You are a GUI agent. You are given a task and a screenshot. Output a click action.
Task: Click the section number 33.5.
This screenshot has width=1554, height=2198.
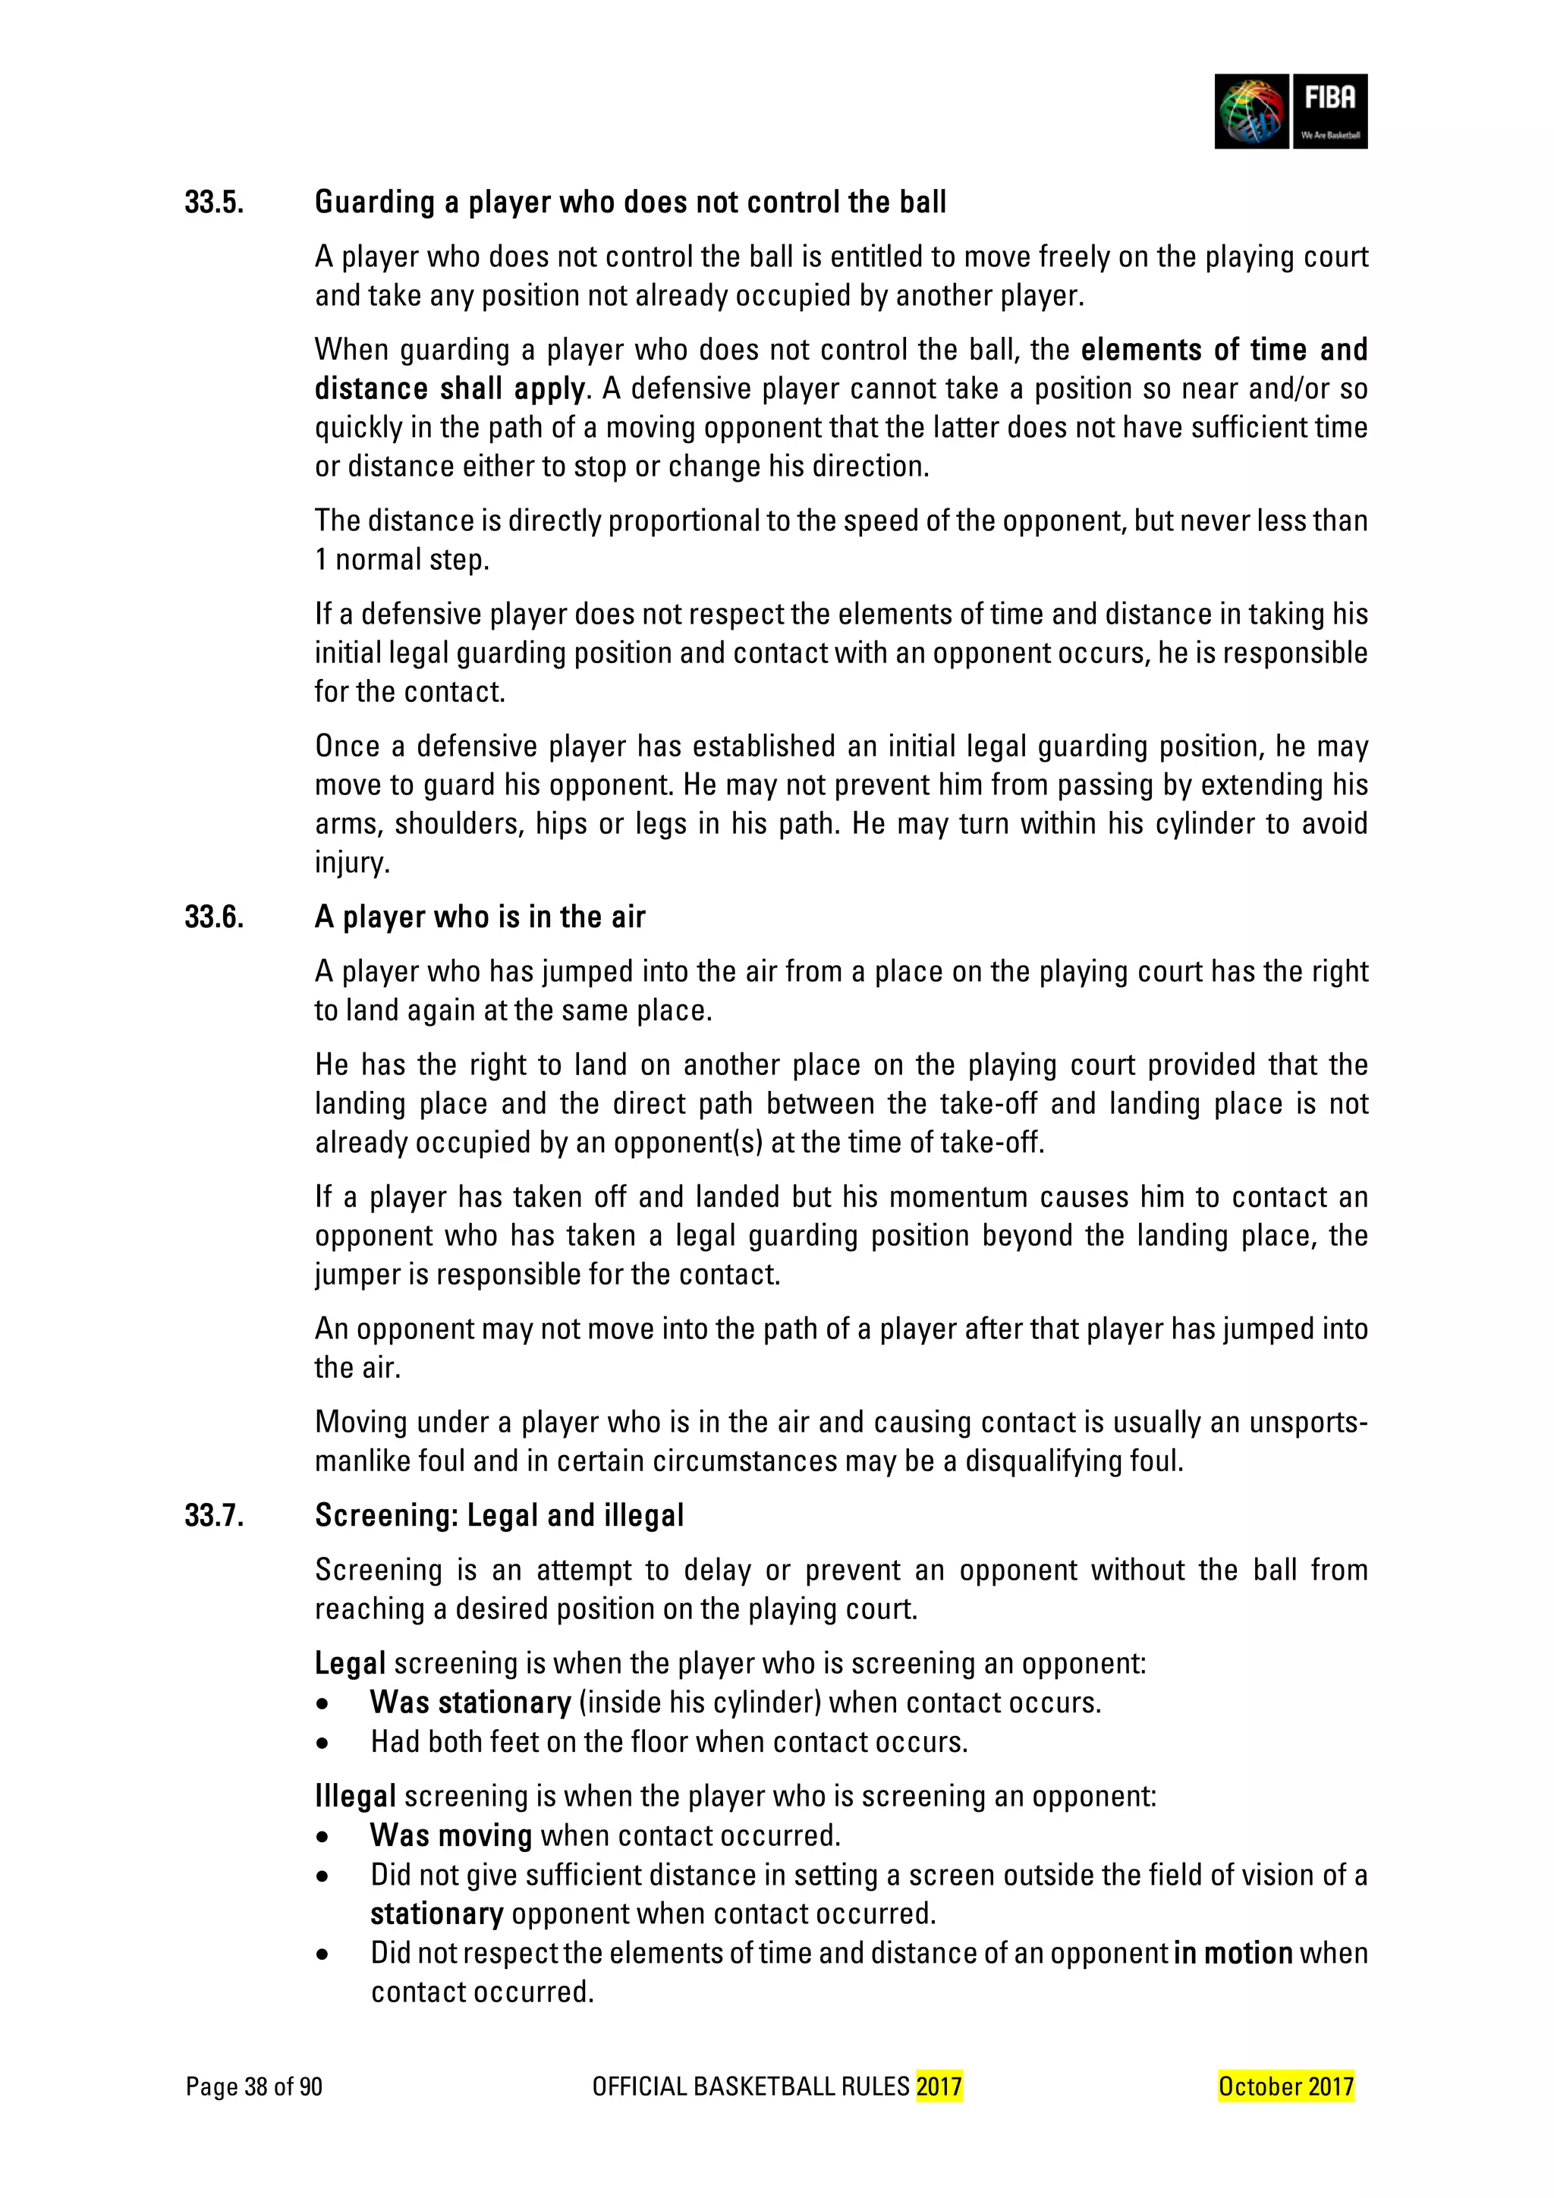(215, 202)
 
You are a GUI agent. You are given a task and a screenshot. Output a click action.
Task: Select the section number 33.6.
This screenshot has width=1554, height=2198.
(215, 917)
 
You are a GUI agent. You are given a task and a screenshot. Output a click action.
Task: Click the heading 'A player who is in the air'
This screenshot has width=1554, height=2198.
(480, 917)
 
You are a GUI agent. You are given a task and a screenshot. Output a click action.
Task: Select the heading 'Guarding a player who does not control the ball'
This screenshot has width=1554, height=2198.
(630, 202)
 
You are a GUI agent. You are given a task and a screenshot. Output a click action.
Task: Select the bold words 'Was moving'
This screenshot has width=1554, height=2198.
(451, 1835)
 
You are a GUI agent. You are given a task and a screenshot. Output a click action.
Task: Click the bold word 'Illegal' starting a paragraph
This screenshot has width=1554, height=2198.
(354, 1796)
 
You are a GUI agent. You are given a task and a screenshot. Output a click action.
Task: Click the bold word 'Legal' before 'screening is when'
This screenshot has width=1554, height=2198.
(350, 1663)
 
